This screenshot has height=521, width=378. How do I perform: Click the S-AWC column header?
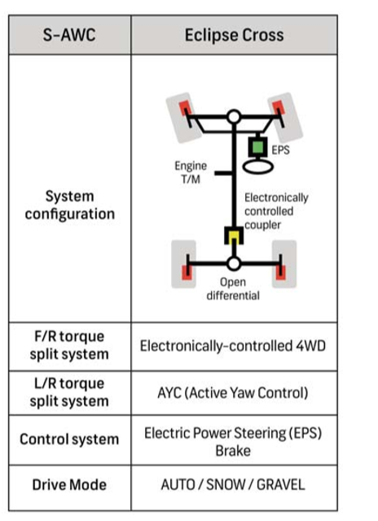click(69, 35)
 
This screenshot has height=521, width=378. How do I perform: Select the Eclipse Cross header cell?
click(235, 35)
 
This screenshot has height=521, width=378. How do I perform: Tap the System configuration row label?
click(70, 205)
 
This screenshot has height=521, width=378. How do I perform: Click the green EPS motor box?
click(257, 147)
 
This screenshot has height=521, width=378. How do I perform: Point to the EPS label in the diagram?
click(280, 150)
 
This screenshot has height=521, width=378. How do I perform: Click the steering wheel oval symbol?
click(258, 166)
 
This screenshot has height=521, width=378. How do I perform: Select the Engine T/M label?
click(191, 172)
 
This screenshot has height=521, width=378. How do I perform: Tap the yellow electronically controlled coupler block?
click(234, 236)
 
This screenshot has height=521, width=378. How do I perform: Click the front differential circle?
click(234, 117)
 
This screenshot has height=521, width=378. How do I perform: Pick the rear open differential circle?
click(234, 264)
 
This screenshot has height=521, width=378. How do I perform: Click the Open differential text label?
click(233, 289)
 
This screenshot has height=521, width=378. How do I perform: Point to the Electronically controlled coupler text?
click(276, 211)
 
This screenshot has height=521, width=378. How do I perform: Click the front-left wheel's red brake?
click(185, 108)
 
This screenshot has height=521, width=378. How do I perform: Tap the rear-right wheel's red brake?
click(281, 272)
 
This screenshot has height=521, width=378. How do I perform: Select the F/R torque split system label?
click(69, 345)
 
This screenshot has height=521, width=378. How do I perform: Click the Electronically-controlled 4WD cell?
click(233, 346)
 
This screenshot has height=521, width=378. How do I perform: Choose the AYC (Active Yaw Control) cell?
click(233, 393)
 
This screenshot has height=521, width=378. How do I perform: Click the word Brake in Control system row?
click(233, 451)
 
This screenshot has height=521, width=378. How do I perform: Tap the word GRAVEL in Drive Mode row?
click(281, 484)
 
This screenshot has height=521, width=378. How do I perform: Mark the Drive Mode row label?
click(69, 484)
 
